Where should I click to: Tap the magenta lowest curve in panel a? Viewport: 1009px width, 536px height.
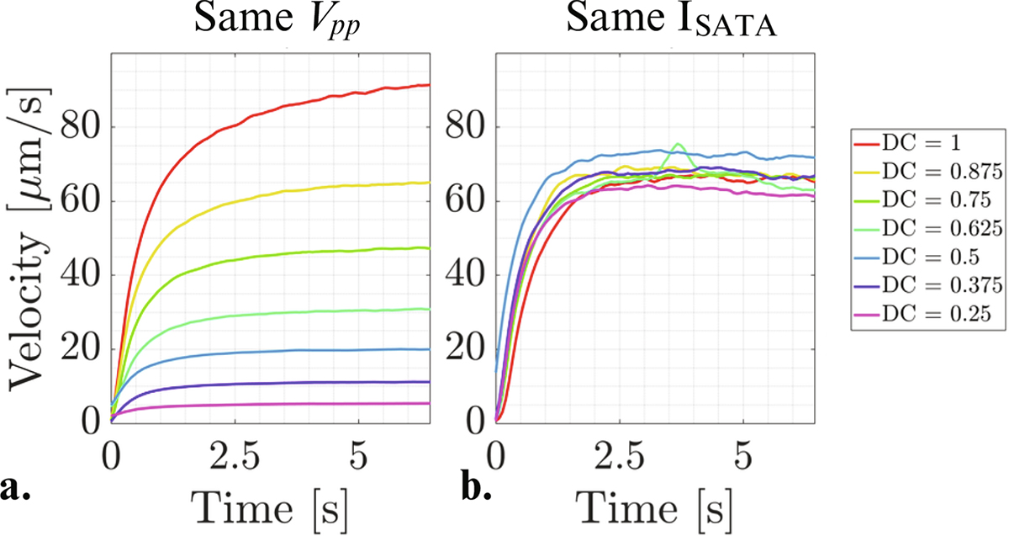click(252, 405)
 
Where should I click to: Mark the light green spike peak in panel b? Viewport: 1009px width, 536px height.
click(678, 144)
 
